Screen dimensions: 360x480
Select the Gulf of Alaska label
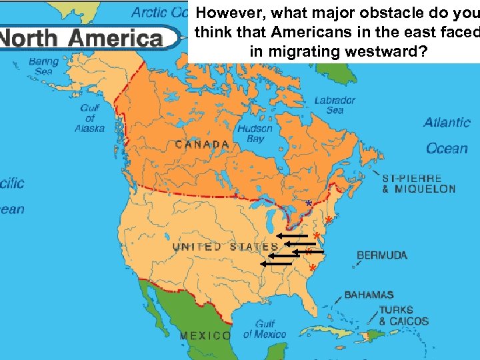click(89, 118)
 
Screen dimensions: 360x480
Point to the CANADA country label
click(203, 144)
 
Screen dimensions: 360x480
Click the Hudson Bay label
click(255, 134)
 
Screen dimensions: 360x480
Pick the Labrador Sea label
click(335, 105)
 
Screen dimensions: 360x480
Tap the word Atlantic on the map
click(447, 123)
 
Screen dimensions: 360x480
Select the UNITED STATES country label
click(225, 247)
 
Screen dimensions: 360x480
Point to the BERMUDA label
click(382, 255)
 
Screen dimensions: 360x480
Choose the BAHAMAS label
click(369, 295)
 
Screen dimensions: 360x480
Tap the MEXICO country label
click(205, 336)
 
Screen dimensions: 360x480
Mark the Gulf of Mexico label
click(264, 330)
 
